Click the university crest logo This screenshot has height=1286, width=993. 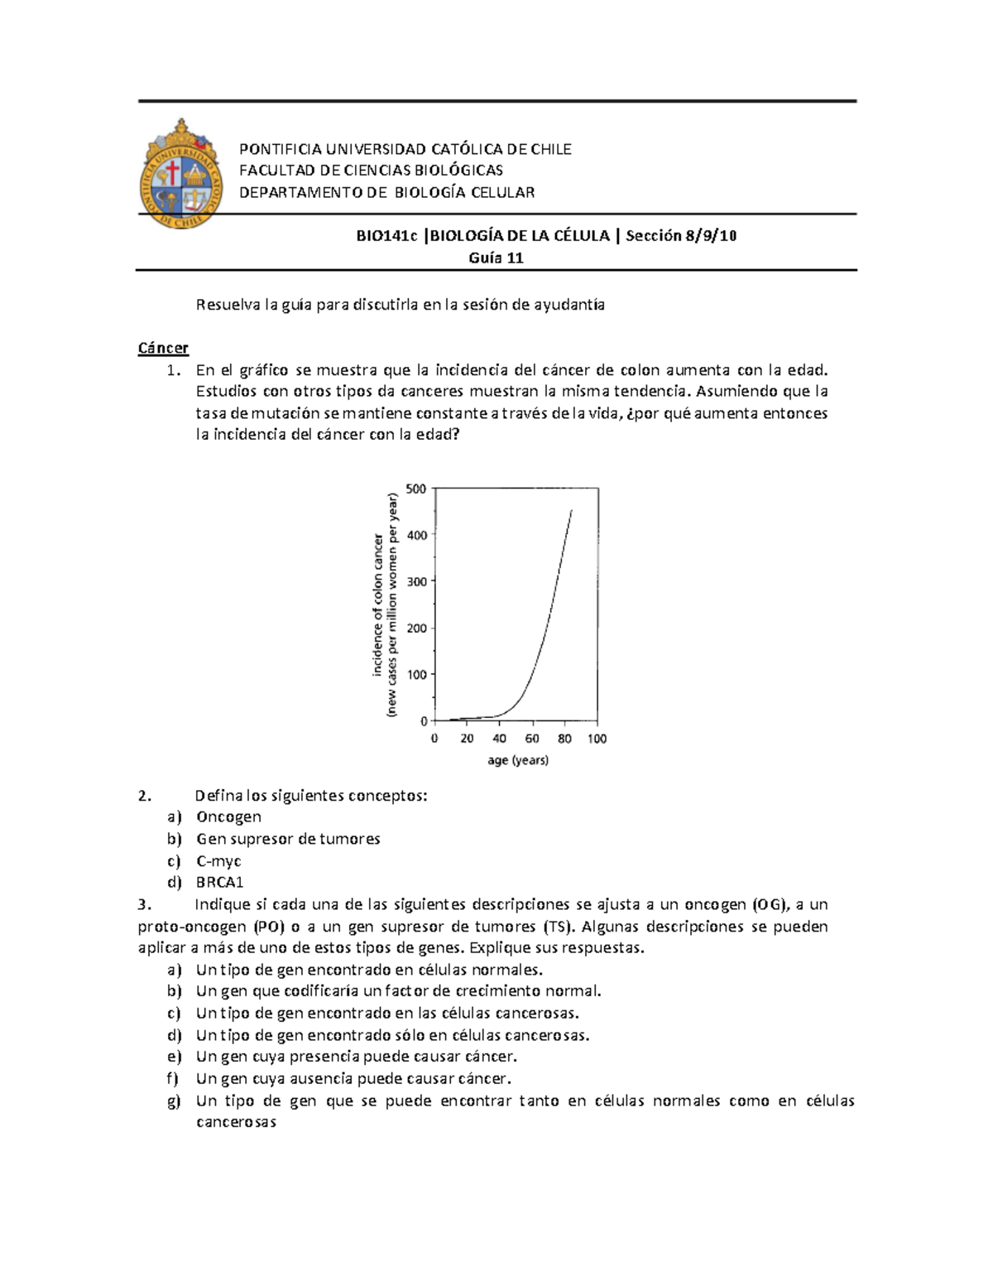[x=181, y=173]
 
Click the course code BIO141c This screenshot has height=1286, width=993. [x=386, y=236]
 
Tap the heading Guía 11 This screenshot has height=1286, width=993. [x=496, y=258]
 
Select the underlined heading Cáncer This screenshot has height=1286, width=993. [x=163, y=348]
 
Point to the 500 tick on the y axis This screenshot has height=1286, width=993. [x=417, y=489]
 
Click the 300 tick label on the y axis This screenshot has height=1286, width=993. [x=417, y=581]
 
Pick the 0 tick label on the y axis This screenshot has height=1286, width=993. [x=424, y=721]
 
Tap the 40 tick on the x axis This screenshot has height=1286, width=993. [x=499, y=739]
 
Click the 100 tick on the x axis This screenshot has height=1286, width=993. [x=597, y=739]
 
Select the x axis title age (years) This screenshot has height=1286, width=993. [x=517, y=760]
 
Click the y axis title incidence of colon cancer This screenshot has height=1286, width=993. [x=377, y=604]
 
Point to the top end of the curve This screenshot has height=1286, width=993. [x=572, y=511]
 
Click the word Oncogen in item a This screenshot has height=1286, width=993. [x=228, y=817]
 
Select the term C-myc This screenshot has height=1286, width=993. [x=218, y=861]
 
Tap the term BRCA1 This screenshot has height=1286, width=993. [x=219, y=883]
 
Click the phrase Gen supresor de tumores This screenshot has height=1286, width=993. [x=288, y=839]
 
